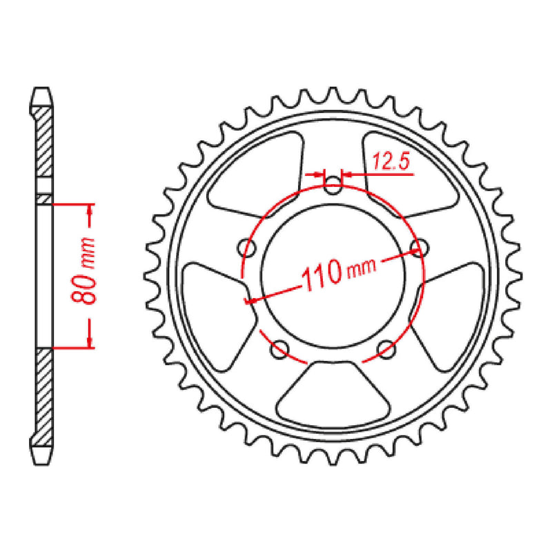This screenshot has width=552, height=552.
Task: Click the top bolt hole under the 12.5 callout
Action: coord(333,184)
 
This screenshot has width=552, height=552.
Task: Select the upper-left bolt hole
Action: coord(244,246)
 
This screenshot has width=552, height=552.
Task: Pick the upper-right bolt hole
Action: coord(417,246)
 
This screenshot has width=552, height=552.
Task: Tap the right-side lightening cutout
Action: coord(448,304)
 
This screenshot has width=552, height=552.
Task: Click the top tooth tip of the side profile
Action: coord(41,91)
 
